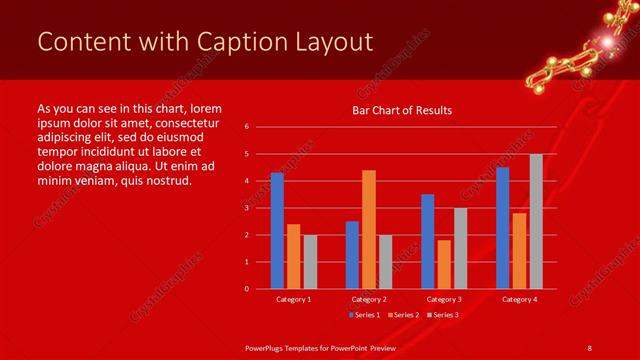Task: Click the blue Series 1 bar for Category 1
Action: [x=277, y=231]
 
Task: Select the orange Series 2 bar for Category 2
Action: [x=369, y=229]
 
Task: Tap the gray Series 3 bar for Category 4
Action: [x=536, y=221]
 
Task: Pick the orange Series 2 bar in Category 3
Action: [x=444, y=264]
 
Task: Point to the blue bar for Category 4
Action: [x=502, y=228]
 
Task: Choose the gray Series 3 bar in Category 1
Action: [x=309, y=261]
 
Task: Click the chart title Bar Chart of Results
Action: [x=402, y=110]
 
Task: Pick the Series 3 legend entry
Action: [x=442, y=315]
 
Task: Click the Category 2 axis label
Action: [x=369, y=299]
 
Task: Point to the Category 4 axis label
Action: [x=519, y=299]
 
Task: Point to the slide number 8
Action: [x=589, y=347]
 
